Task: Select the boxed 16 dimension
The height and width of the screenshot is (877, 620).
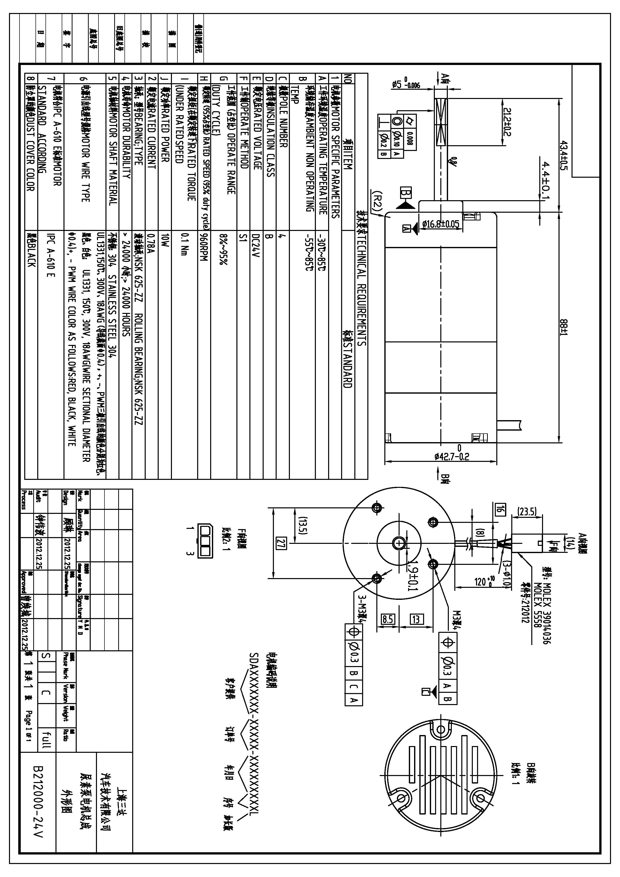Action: [500, 508]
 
